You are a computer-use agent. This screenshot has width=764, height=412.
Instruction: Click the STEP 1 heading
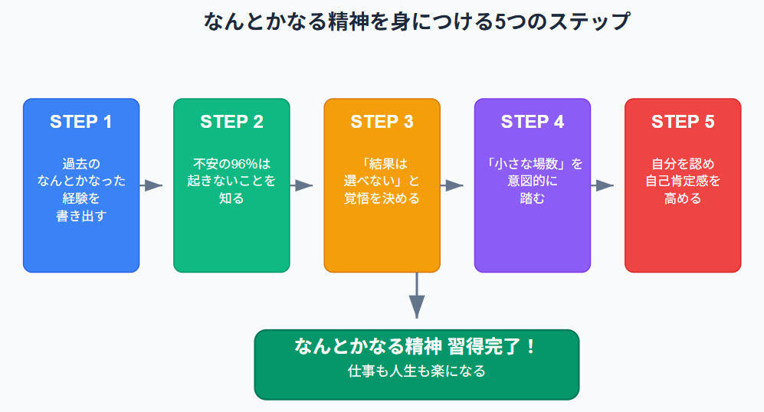point(81,122)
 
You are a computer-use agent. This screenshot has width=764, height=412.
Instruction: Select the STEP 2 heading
point(231,122)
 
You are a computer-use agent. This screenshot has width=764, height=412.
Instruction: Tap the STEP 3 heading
point(382,122)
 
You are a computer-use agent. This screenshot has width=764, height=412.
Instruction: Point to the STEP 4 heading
point(533,122)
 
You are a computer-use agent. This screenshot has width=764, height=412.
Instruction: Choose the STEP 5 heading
point(683,122)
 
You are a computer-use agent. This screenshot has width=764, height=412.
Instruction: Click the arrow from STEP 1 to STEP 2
point(152,185)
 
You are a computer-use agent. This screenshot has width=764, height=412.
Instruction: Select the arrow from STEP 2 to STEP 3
point(302,185)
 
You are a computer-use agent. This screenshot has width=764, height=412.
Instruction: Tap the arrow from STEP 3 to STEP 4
point(452,185)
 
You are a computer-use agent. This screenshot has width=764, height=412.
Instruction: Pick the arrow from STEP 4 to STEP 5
point(603,185)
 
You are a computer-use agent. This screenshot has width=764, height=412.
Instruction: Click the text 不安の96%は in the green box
point(231,164)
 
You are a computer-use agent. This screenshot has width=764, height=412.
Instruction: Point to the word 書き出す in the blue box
point(81,216)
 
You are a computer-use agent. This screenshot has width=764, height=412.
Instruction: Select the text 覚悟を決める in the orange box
point(382,198)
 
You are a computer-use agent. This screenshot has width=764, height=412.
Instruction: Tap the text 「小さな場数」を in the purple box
point(533,164)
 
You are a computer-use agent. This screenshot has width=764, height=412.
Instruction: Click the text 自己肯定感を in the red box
point(683,181)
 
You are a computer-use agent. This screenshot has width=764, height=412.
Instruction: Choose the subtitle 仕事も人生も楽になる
point(416,371)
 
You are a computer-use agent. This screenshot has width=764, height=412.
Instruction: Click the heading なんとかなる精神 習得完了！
point(416,346)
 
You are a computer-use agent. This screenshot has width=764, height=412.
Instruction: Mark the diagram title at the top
point(416,21)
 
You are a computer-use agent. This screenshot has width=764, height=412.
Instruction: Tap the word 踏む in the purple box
point(533,198)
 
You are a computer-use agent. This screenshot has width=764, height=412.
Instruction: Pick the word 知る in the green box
point(231,198)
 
